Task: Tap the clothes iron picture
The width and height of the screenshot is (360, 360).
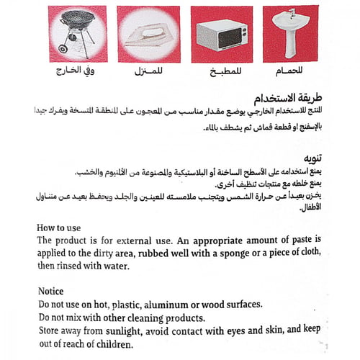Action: pos(148,33)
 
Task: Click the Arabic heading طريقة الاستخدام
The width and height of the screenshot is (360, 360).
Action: pos(287,97)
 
